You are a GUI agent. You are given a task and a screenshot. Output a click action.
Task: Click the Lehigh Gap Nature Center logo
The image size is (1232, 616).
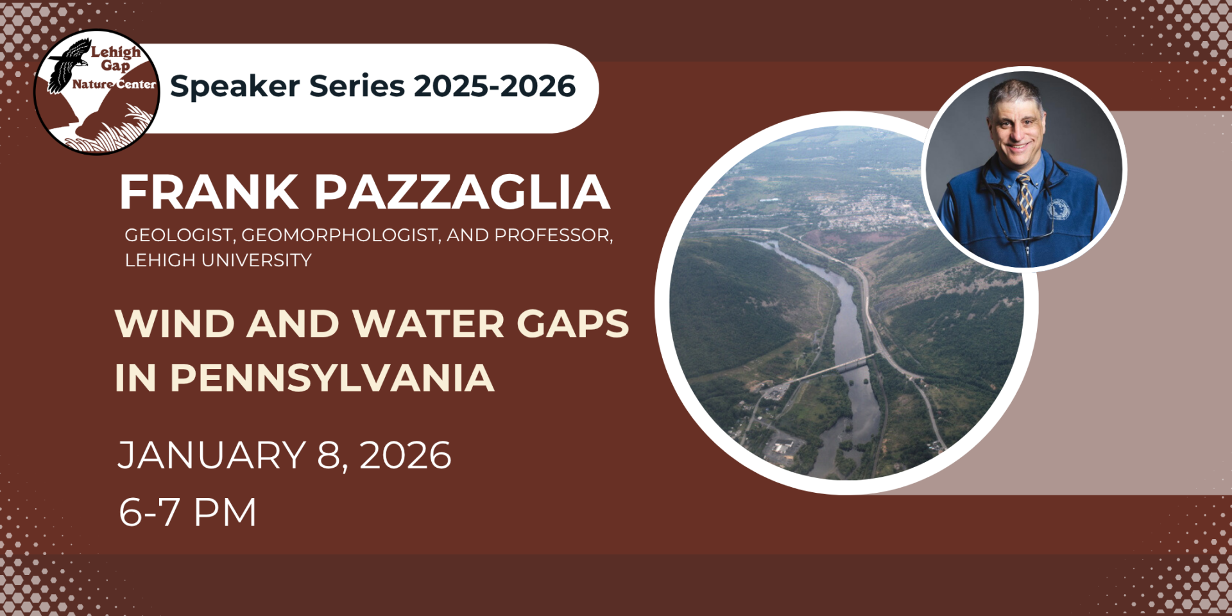(97, 92)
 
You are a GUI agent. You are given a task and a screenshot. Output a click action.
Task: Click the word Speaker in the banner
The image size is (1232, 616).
(235, 86)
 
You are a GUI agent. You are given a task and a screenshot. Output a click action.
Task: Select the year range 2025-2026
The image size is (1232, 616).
(495, 86)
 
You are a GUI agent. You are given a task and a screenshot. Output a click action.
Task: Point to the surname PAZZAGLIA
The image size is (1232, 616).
(462, 192)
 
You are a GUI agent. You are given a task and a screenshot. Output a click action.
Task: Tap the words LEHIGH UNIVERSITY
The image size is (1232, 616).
(218, 260)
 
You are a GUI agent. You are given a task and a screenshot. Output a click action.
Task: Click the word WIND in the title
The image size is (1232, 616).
(175, 323)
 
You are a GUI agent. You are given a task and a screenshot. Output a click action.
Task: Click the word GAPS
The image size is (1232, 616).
(573, 323)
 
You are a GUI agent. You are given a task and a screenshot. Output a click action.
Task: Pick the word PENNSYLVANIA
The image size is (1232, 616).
(332, 377)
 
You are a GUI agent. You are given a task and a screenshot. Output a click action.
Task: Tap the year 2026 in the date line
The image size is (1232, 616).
(406, 456)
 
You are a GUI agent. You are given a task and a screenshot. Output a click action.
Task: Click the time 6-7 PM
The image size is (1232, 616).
(187, 512)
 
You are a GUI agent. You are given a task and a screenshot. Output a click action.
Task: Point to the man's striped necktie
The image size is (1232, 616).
(1025, 198)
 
